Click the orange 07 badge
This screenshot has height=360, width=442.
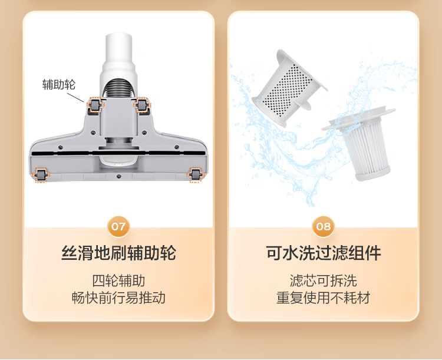(118, 226)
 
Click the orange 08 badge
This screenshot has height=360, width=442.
(324, 226)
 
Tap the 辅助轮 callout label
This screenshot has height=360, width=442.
(59, 84)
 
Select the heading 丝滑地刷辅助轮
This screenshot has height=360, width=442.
(118, 253)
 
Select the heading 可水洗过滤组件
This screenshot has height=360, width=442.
(324, 253)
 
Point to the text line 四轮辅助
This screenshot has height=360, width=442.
(118, 280)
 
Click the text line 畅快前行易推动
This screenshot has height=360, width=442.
(118, 298)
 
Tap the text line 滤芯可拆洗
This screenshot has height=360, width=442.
(324, 280)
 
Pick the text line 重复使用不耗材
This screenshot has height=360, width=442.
(324, 298)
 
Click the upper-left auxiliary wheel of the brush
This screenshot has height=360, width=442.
(95, 105)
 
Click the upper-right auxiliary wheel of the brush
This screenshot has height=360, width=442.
(142, 105)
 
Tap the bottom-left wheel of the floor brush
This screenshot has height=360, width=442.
(40, 175)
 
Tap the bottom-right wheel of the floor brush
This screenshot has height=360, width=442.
(195, 175)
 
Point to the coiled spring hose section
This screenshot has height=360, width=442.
(118, 88)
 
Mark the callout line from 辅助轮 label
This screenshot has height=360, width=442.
(75, 97)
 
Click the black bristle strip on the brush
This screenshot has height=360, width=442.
(118, 153)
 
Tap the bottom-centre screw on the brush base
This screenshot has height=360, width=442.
(118, 177)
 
